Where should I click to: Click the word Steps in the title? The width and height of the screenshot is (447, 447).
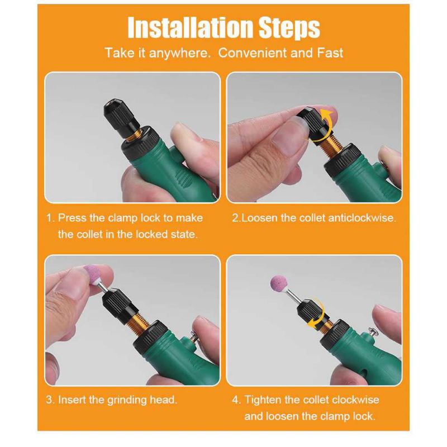(289, 27)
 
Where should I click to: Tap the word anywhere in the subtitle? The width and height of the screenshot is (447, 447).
(179, 53)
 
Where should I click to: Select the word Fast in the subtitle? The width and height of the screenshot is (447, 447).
(330, 53)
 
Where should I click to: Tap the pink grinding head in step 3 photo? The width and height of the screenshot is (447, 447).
(92, 274)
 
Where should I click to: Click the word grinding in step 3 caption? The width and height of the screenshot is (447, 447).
(127, 400)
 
